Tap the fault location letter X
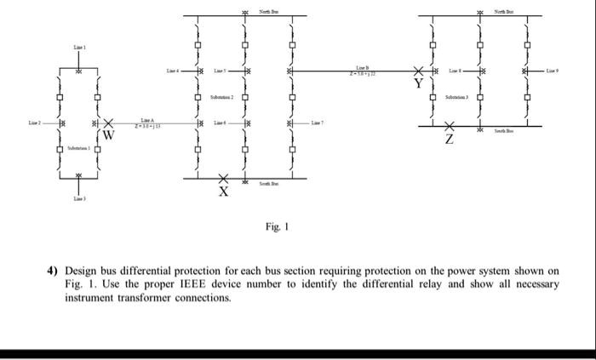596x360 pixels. pyautogui.click(x=224, y=191)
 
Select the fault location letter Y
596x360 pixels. pyautogui.click(x=418, y=83)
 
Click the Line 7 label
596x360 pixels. pyautogui.click(x=318, y=124)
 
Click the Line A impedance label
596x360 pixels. pyautogui.click(x=146, y=123)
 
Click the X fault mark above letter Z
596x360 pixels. pyautogui.click(x=450, y=126)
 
